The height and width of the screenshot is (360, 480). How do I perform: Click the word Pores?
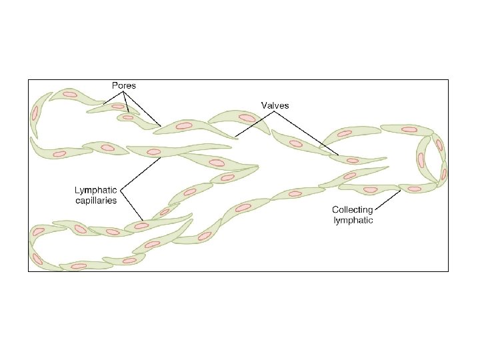(x=123, y=86)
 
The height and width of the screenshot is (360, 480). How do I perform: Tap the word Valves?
(x=274, y=105)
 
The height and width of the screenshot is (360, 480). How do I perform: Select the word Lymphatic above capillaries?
(x=95, y=190)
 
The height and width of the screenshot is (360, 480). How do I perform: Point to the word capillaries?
(x=95, y=199)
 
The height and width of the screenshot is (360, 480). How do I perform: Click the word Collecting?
(x=353, y=210)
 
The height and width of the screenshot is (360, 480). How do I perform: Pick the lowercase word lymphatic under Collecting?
(x=353, y=219)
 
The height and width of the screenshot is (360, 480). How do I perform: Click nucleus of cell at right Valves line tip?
(x=352, y=159)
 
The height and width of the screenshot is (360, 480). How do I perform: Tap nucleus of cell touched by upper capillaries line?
(x=154, y=152)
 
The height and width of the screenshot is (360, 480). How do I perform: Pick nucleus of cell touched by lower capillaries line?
(x=141, y=226)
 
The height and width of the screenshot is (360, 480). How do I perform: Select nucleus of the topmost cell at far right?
(x=409, y=129)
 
